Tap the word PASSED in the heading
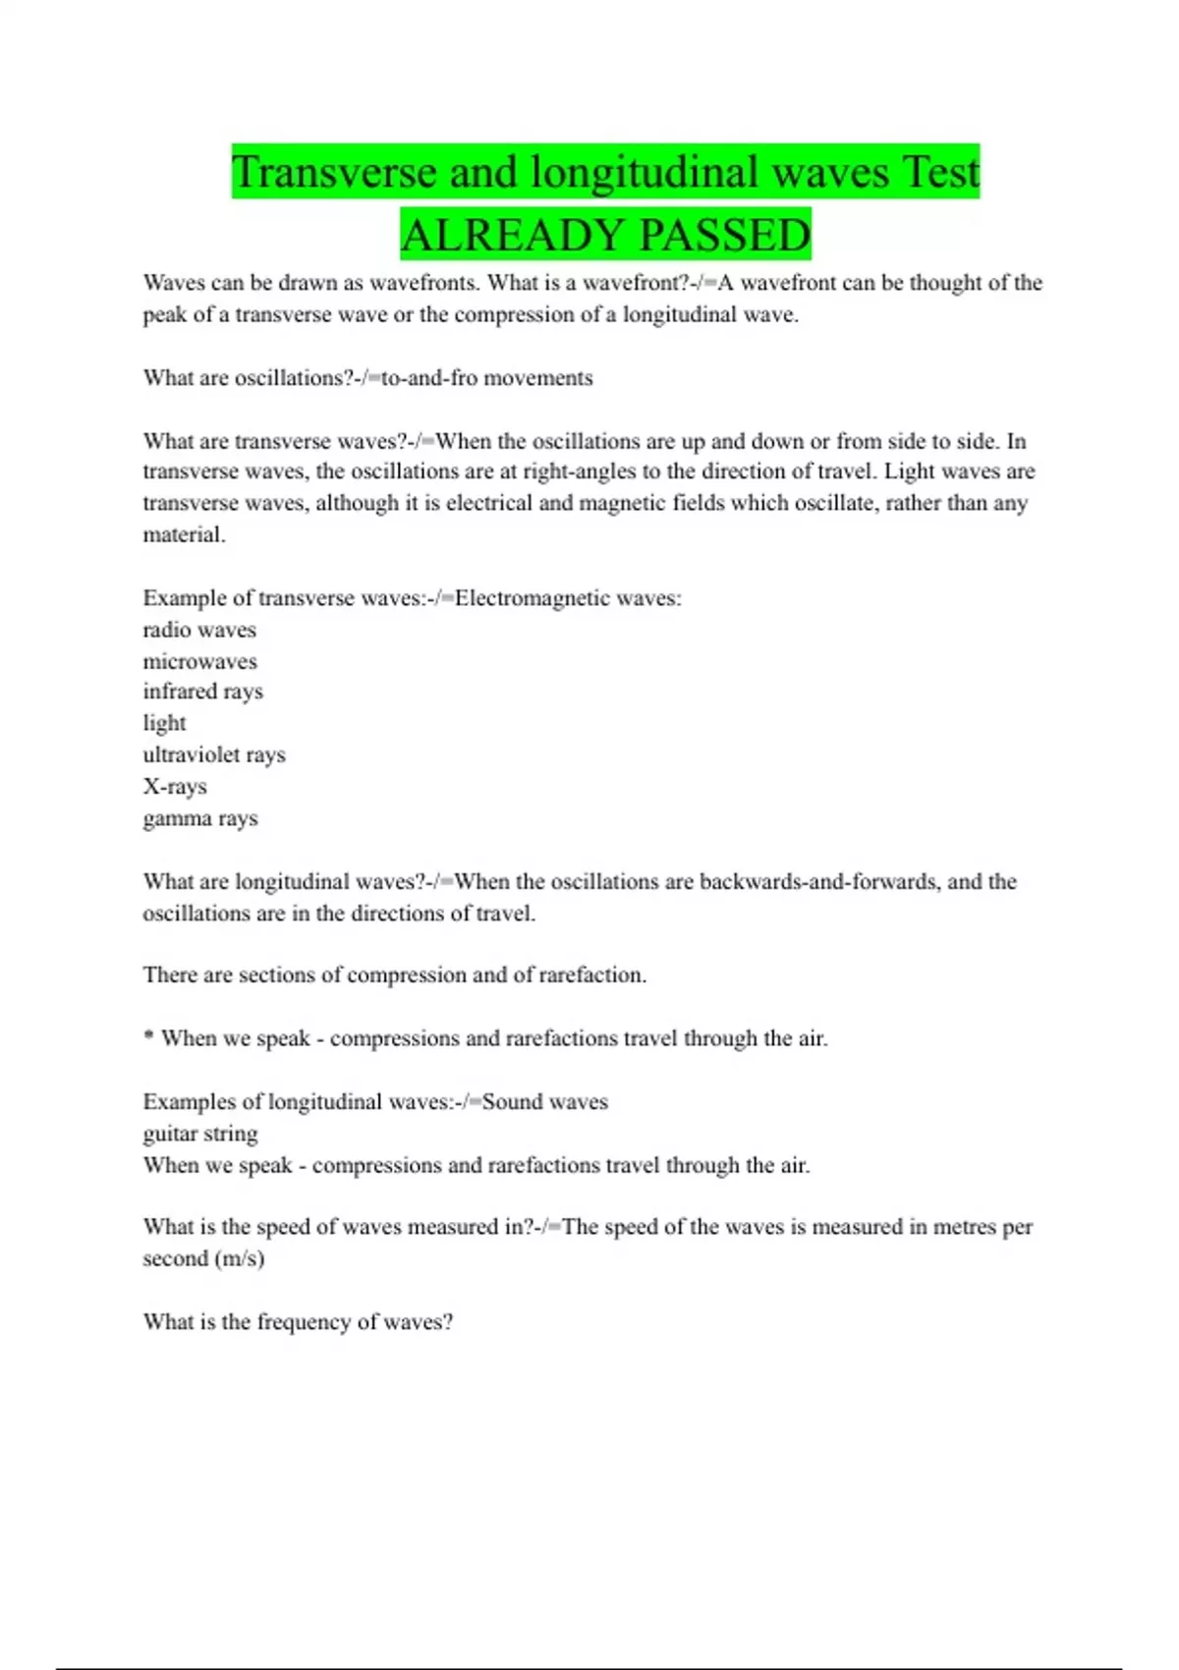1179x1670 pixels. tap(724, 235)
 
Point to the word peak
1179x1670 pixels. tap(164, 315)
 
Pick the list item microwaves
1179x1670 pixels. tap(199, 661)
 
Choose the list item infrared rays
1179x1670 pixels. tap(202, 692)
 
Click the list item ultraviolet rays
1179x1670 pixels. tap(214, 755)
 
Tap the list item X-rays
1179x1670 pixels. tap(175, 787)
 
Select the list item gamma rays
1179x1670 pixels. tap(200, 818)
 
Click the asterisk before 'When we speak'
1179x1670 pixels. tap(148, 1036)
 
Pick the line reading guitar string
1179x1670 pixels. tap(200, 1134)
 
